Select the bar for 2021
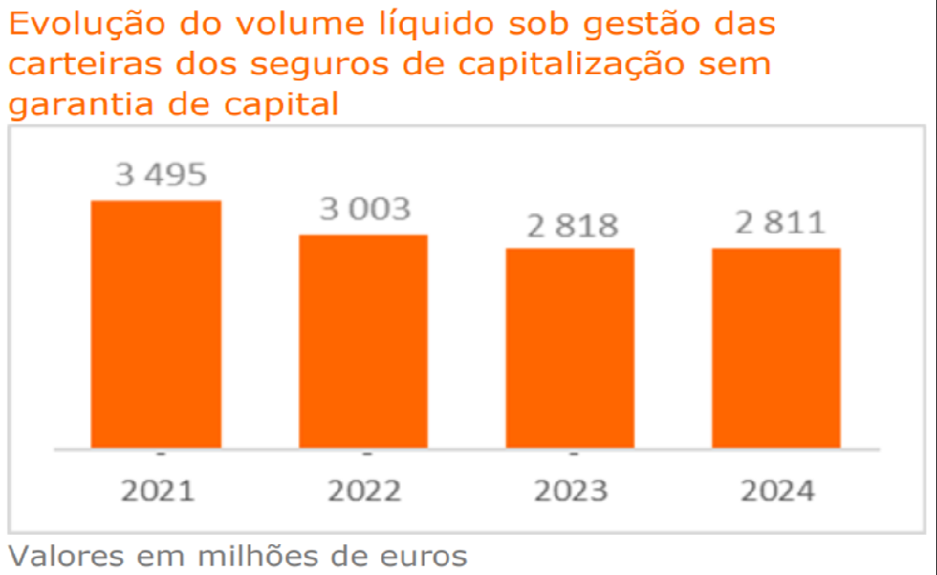point(156,325)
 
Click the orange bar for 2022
point(364,341)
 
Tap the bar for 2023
point(571,348)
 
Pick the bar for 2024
point(776,348)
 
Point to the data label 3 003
point(364,209)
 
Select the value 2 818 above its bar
point(572,225)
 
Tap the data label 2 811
point(780,223)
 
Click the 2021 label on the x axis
point(157,491)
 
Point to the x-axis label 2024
point(777,491)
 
